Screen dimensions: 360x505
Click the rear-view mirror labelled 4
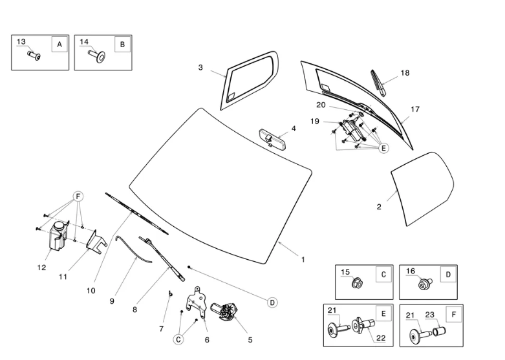pos(270,137)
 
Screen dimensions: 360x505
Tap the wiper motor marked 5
pos(226,313)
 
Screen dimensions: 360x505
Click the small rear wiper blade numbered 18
pos(379,82)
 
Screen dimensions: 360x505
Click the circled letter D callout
pos(272,302)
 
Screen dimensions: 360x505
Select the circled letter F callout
pos(78,196)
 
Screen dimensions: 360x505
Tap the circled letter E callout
pos(383,148)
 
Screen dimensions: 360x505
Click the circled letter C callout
pos(178,338)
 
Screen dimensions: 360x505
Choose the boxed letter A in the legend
pos(59,45)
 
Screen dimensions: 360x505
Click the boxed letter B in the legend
pos(122,45)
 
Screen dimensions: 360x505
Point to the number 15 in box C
pos(345,272)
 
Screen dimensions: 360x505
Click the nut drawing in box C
pos(356,283)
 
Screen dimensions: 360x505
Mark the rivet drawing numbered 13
pos(34,56)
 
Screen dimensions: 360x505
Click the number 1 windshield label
pos(303,260)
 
